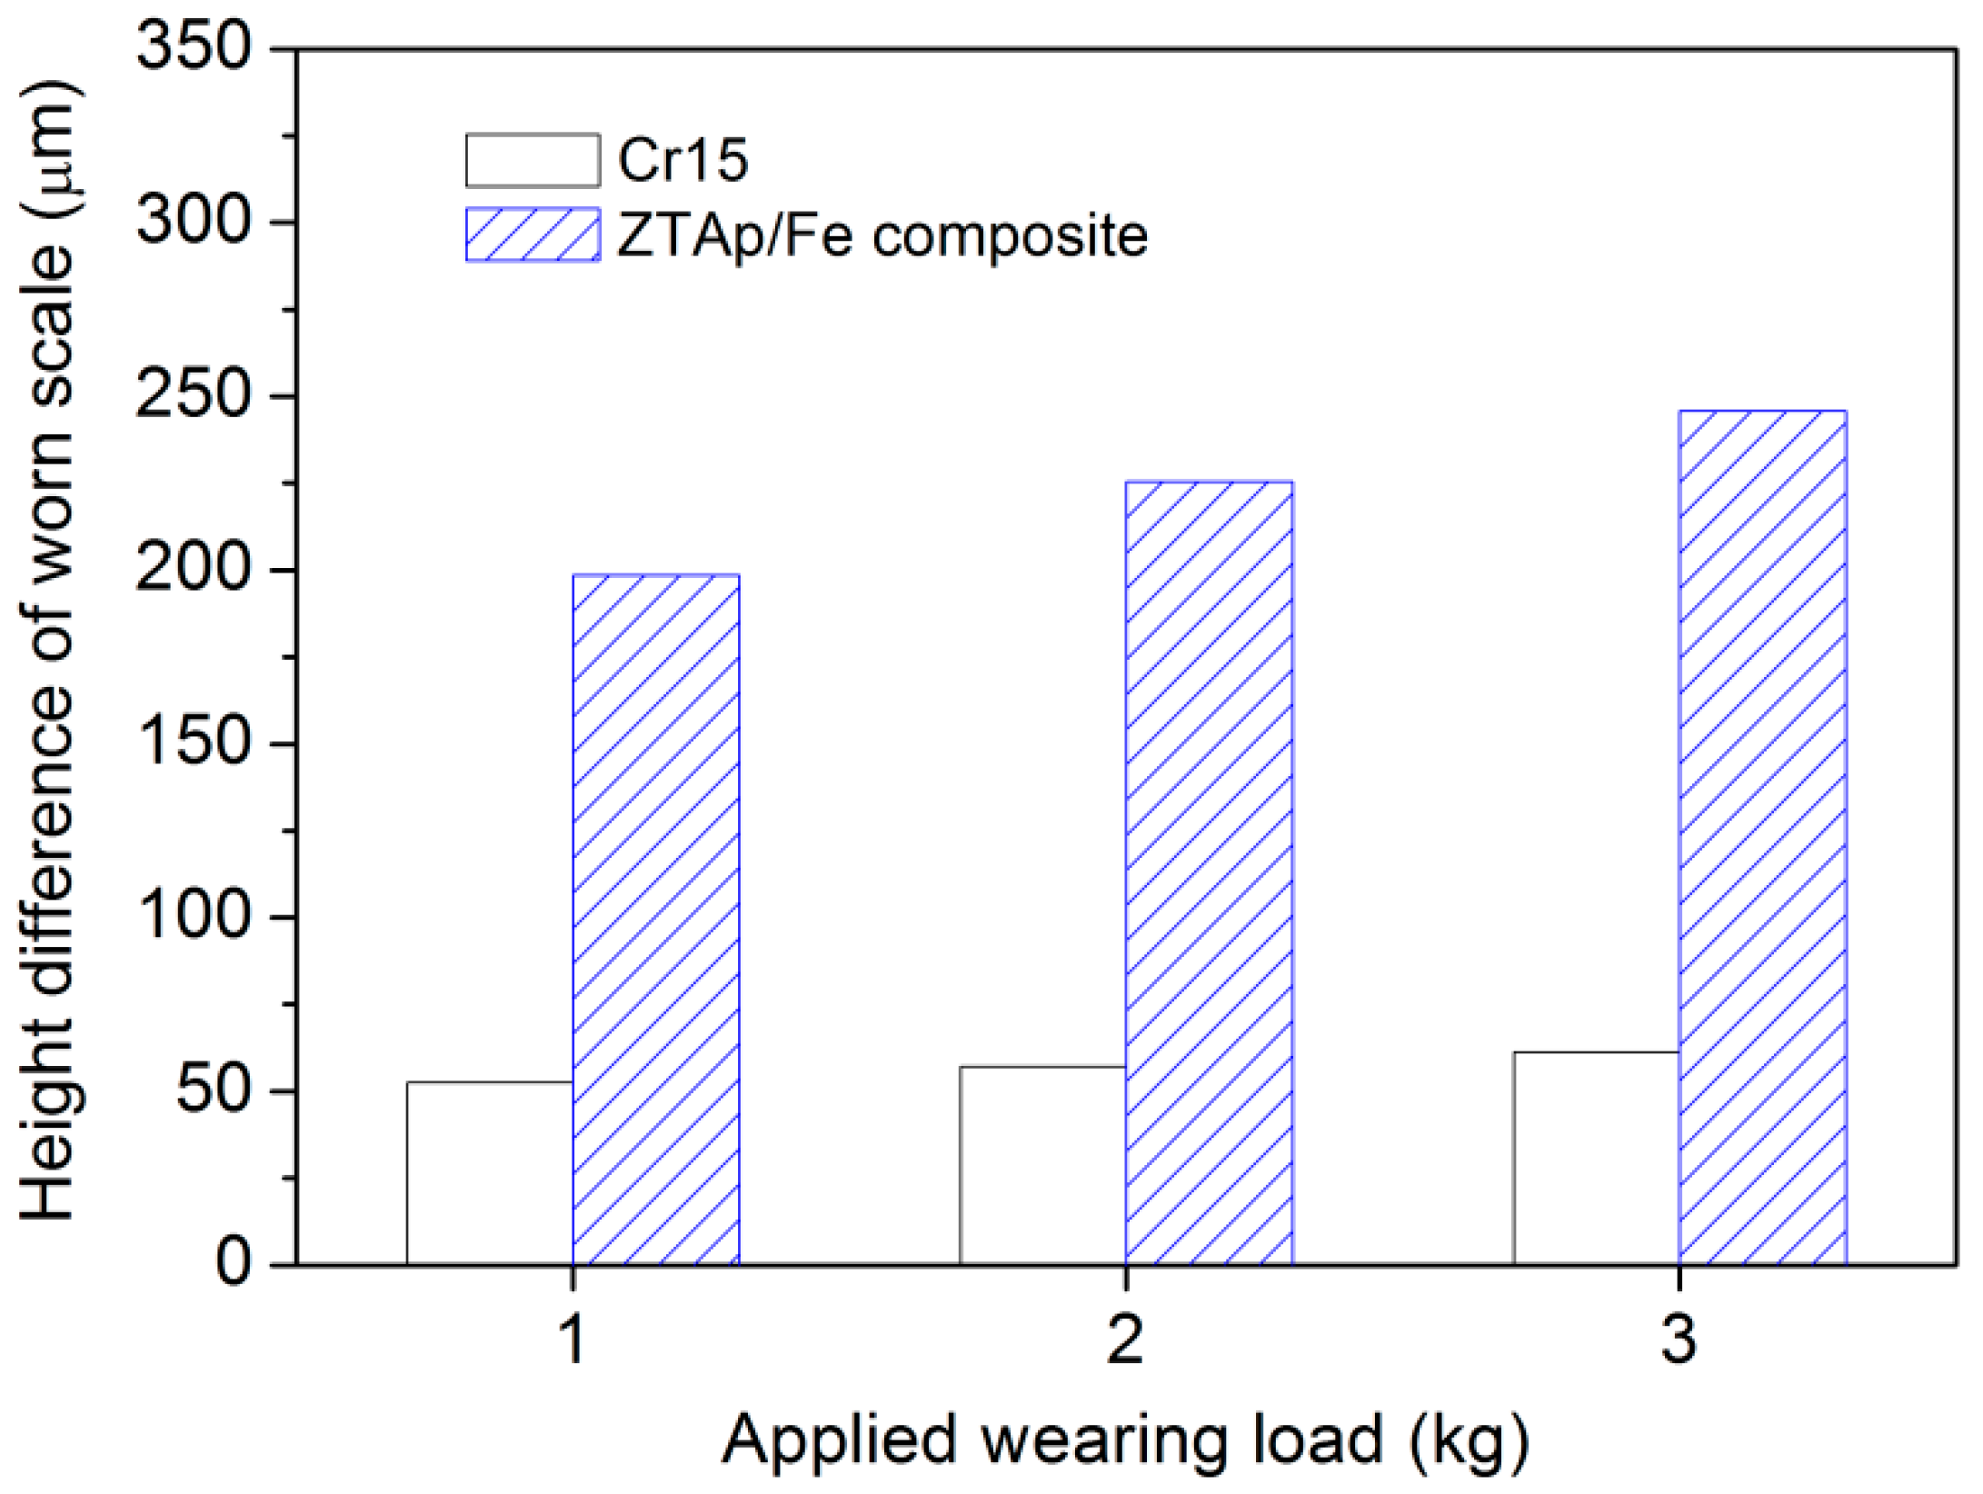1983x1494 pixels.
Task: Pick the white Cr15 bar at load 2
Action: coord(1042,1165)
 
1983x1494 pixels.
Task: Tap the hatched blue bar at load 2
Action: coord(1209,872)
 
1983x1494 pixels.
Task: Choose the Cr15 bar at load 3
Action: coord(1596,1158)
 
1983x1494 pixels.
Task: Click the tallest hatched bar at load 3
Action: coord(1762,836)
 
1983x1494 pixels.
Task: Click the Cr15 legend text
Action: coord(683,161)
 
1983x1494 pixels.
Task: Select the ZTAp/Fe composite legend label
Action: coord(882,236)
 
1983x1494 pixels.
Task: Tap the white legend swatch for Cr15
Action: coord(533,161)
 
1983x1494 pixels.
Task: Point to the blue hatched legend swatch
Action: coord(533,235)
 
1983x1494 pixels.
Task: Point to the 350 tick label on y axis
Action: coord(194,47)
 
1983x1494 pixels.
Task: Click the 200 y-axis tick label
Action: coord(194,570)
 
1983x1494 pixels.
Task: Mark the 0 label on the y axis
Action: coord(234,1264)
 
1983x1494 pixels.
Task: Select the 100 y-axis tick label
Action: coord(194,917)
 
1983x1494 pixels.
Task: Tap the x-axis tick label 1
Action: coord(572,1340)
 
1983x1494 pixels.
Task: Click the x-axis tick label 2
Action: coord(1125,1340)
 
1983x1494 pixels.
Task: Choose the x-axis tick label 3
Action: coord(1679,1340)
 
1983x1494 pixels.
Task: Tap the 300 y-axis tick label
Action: coord(194,222)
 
